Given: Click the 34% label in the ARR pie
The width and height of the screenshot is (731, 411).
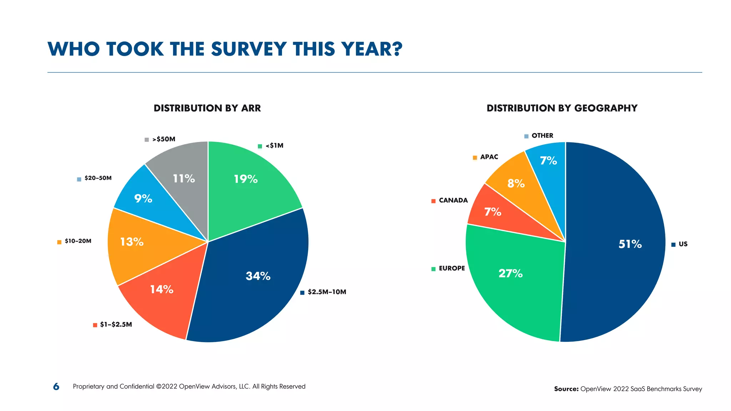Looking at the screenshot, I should pos(258,276).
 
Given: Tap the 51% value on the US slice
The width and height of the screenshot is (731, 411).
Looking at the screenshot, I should pos(630,244).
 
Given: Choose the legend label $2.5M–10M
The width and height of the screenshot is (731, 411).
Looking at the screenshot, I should pos(327,292).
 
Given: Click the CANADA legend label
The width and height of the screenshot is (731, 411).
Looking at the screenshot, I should pos(453,201).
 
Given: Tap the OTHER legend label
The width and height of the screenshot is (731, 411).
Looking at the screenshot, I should pos(542,136).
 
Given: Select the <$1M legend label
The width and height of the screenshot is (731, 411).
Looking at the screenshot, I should pos(274,146).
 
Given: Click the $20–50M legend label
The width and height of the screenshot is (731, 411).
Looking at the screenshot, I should pos(98,178).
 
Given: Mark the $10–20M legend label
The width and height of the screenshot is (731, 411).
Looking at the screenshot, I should pos(78,241).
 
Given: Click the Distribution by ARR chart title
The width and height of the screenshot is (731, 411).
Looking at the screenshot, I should pos(207,108).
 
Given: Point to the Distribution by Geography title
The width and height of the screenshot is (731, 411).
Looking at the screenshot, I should pos(562,108).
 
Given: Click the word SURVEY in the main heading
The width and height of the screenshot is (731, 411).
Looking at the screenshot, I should pos(249,49).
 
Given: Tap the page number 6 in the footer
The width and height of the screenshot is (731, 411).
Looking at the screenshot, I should pos(56,386).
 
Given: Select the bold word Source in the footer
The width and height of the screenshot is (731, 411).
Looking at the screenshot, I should pos(566,389).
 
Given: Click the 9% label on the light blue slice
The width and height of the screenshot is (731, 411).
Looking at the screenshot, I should pos(143,198).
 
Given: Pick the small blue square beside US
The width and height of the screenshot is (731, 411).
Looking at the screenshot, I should pos(673,244).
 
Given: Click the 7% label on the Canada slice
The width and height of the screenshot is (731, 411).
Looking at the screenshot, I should pos(493,212).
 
